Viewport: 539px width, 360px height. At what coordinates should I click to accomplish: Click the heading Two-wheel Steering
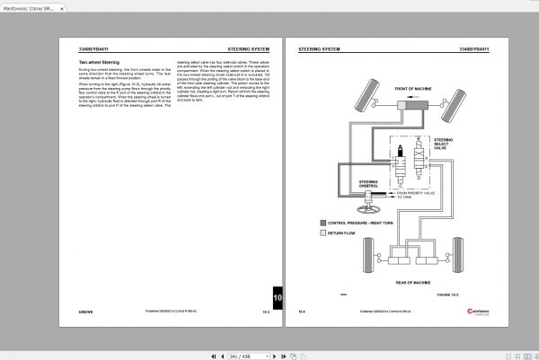98,62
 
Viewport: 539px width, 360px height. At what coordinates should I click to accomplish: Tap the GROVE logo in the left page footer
78,312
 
